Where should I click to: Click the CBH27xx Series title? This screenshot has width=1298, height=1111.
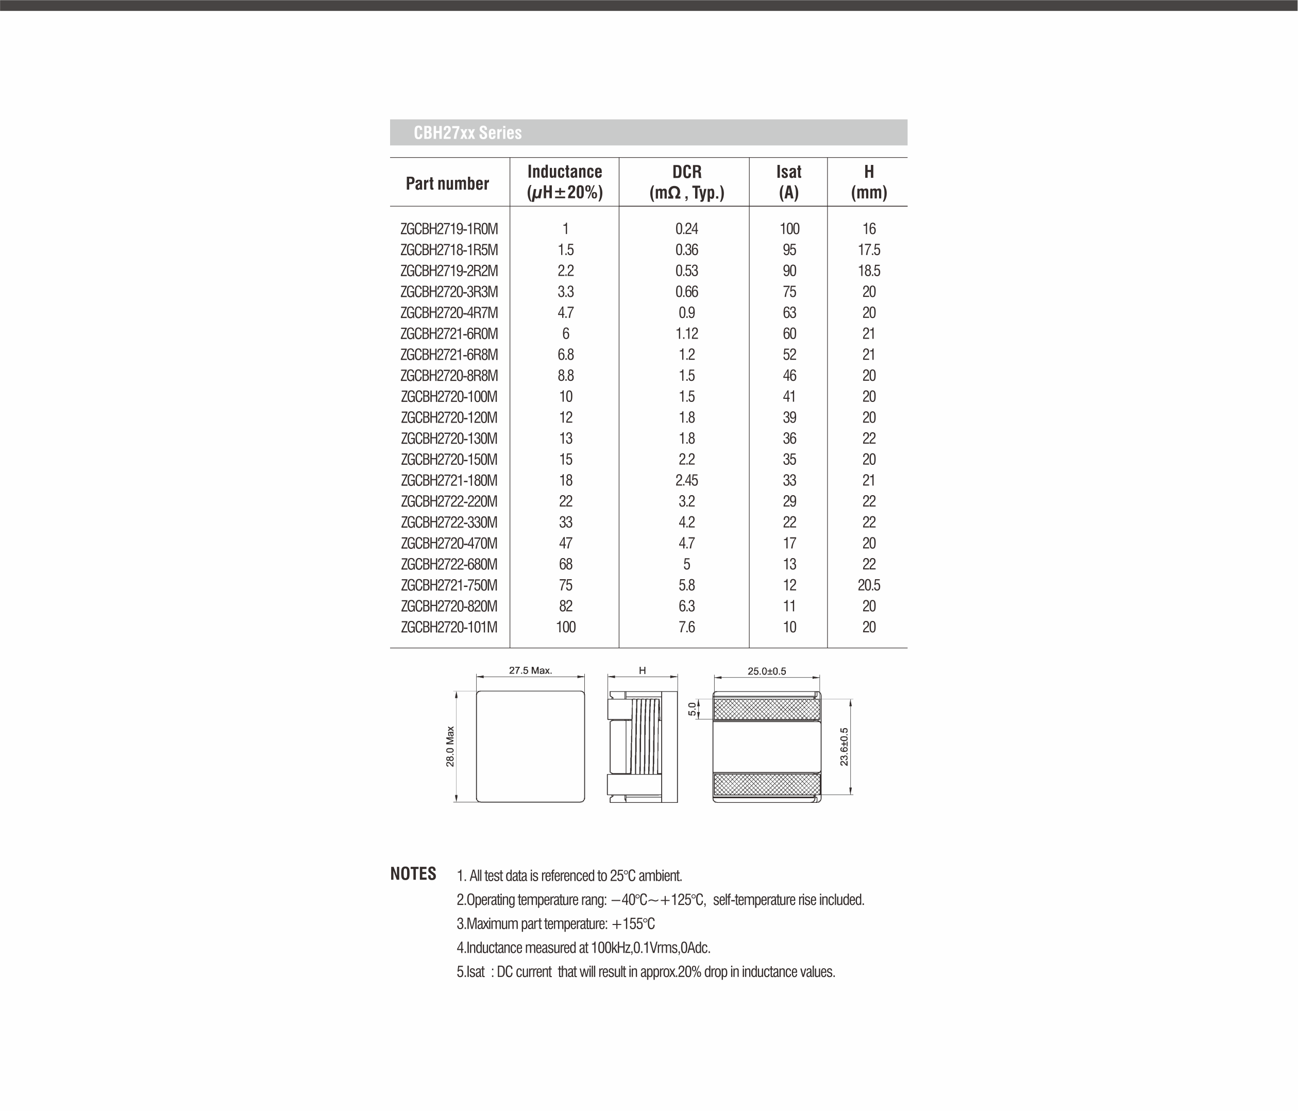(x=467, y=133)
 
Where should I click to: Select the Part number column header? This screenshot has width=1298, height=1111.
(x=447, y=183)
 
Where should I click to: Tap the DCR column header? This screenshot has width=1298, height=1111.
(x=686, y=182)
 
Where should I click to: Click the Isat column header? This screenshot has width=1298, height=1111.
(x=789, y=182)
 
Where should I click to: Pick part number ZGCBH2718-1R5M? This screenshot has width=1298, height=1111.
(x=449, y=250)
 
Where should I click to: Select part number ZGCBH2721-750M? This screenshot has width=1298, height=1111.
(x=449, y=585)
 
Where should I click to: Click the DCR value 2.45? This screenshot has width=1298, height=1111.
(x=686, y=481)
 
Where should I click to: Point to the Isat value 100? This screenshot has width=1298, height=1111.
(x=789, y=229)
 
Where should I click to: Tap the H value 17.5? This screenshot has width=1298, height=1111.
(x=869, y=250)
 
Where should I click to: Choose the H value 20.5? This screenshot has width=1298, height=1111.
(x=869, y=585)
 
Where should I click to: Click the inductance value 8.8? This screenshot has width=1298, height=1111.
(x=566, y=376)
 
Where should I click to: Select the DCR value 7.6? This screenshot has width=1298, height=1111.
(x=686, y=627)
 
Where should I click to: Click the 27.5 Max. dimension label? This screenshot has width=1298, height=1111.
(x=530, y=670)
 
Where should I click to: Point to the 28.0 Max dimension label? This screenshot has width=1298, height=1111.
(x=450, y=746)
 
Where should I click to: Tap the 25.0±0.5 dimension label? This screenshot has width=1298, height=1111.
(x=767, y=671)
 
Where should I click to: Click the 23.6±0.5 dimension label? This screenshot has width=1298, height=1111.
(x=844, y=746)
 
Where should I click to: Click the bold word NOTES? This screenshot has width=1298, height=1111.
(x=413, y=874)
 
